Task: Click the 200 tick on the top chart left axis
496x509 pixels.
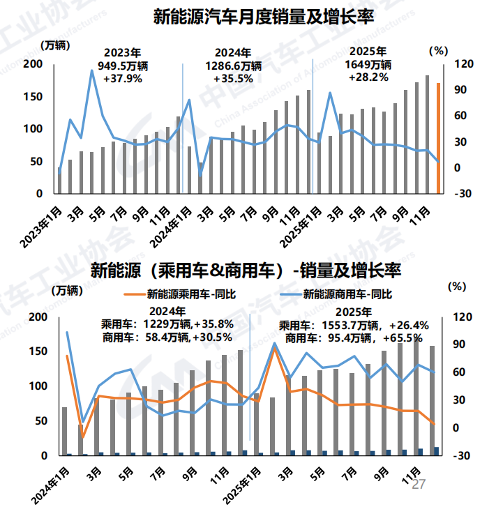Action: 33,64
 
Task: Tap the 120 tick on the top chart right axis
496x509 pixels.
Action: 465,64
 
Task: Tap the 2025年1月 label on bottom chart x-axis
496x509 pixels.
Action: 241,486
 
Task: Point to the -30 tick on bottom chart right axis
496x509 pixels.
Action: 463,455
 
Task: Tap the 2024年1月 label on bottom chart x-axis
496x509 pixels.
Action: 50,486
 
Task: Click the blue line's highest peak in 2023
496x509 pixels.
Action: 91,70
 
